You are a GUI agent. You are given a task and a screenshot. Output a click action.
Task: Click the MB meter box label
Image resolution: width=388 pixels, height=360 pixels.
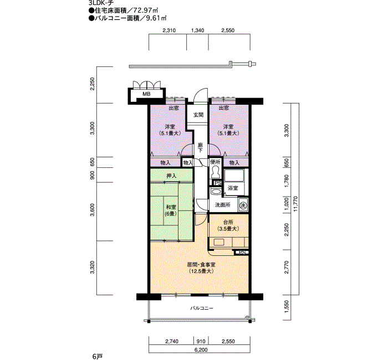pos(146,94)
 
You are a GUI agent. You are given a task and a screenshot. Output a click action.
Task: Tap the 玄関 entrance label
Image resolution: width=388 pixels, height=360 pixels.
pos(198,115)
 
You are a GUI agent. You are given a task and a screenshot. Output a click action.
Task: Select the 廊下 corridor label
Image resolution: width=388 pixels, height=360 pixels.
pos(201,147)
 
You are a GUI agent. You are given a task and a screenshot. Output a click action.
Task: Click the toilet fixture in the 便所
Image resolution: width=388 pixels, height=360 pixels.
pos(215,172)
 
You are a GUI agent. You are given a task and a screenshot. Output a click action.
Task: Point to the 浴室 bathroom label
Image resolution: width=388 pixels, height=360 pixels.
pos(233,188)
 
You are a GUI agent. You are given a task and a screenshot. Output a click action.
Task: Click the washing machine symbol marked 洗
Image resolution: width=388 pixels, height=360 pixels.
pos(243,205)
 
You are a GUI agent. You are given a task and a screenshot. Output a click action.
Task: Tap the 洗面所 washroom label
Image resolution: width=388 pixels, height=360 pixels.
pos(222,205)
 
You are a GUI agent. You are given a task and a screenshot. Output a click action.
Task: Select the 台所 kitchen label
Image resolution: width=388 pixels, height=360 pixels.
pos(228,222)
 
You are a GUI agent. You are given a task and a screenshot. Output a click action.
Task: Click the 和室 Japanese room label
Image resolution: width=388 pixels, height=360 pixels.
pos(171,207)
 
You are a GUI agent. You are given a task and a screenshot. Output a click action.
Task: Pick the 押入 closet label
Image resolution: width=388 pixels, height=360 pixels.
pos(171,176)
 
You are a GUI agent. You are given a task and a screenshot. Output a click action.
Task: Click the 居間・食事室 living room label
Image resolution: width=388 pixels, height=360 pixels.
pos(201,265)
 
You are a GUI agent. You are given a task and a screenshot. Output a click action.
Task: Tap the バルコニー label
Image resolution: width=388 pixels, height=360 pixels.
pos(202,308)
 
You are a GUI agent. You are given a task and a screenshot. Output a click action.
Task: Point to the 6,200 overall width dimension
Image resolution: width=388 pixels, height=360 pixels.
pos(201,350)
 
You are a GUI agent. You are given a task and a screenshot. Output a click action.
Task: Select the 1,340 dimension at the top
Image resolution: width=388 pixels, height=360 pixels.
pos(197,30)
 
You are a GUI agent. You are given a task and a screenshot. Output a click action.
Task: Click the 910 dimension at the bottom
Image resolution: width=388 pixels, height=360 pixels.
pos(201,342)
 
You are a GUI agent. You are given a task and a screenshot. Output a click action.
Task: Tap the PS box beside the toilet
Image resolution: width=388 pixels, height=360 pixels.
pos(218,183)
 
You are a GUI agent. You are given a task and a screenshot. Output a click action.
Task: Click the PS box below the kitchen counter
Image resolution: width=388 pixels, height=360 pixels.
pos(242,253)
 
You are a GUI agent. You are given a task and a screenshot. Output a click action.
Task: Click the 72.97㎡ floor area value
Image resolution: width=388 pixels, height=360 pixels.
pos(145,11)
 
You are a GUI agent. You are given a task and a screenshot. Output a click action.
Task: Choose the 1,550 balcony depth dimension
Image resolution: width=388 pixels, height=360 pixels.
pos(287,307)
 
